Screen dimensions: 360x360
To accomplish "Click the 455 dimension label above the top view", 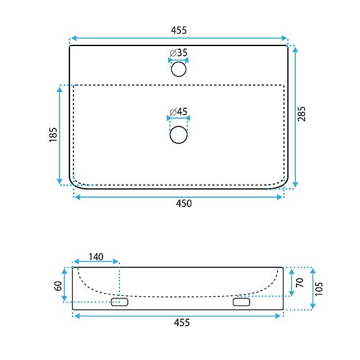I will (x=178, y=30).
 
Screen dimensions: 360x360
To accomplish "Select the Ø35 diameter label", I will (x=178, y=52).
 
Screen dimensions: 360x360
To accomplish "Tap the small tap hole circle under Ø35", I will (x=178, y=69).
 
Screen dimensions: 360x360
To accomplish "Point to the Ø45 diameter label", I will (x=178, y=112).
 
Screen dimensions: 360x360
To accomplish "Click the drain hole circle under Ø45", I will (x=178, y=135).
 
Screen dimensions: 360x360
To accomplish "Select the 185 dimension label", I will (x=53, y=135).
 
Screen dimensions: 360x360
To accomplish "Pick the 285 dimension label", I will (x=302, y=114).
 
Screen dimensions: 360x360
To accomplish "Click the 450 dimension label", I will (x=185, y=204).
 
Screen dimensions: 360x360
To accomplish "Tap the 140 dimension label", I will (x=96, y=257).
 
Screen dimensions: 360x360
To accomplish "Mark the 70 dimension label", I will (x=299, y=282).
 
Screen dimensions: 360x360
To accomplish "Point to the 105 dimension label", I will (x=320, y=289).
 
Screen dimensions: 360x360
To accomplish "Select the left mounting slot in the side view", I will (x=120, y=302).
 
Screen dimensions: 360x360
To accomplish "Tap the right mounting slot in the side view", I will (x=241, y=302).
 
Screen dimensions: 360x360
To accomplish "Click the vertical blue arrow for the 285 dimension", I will (x=295, y=117).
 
